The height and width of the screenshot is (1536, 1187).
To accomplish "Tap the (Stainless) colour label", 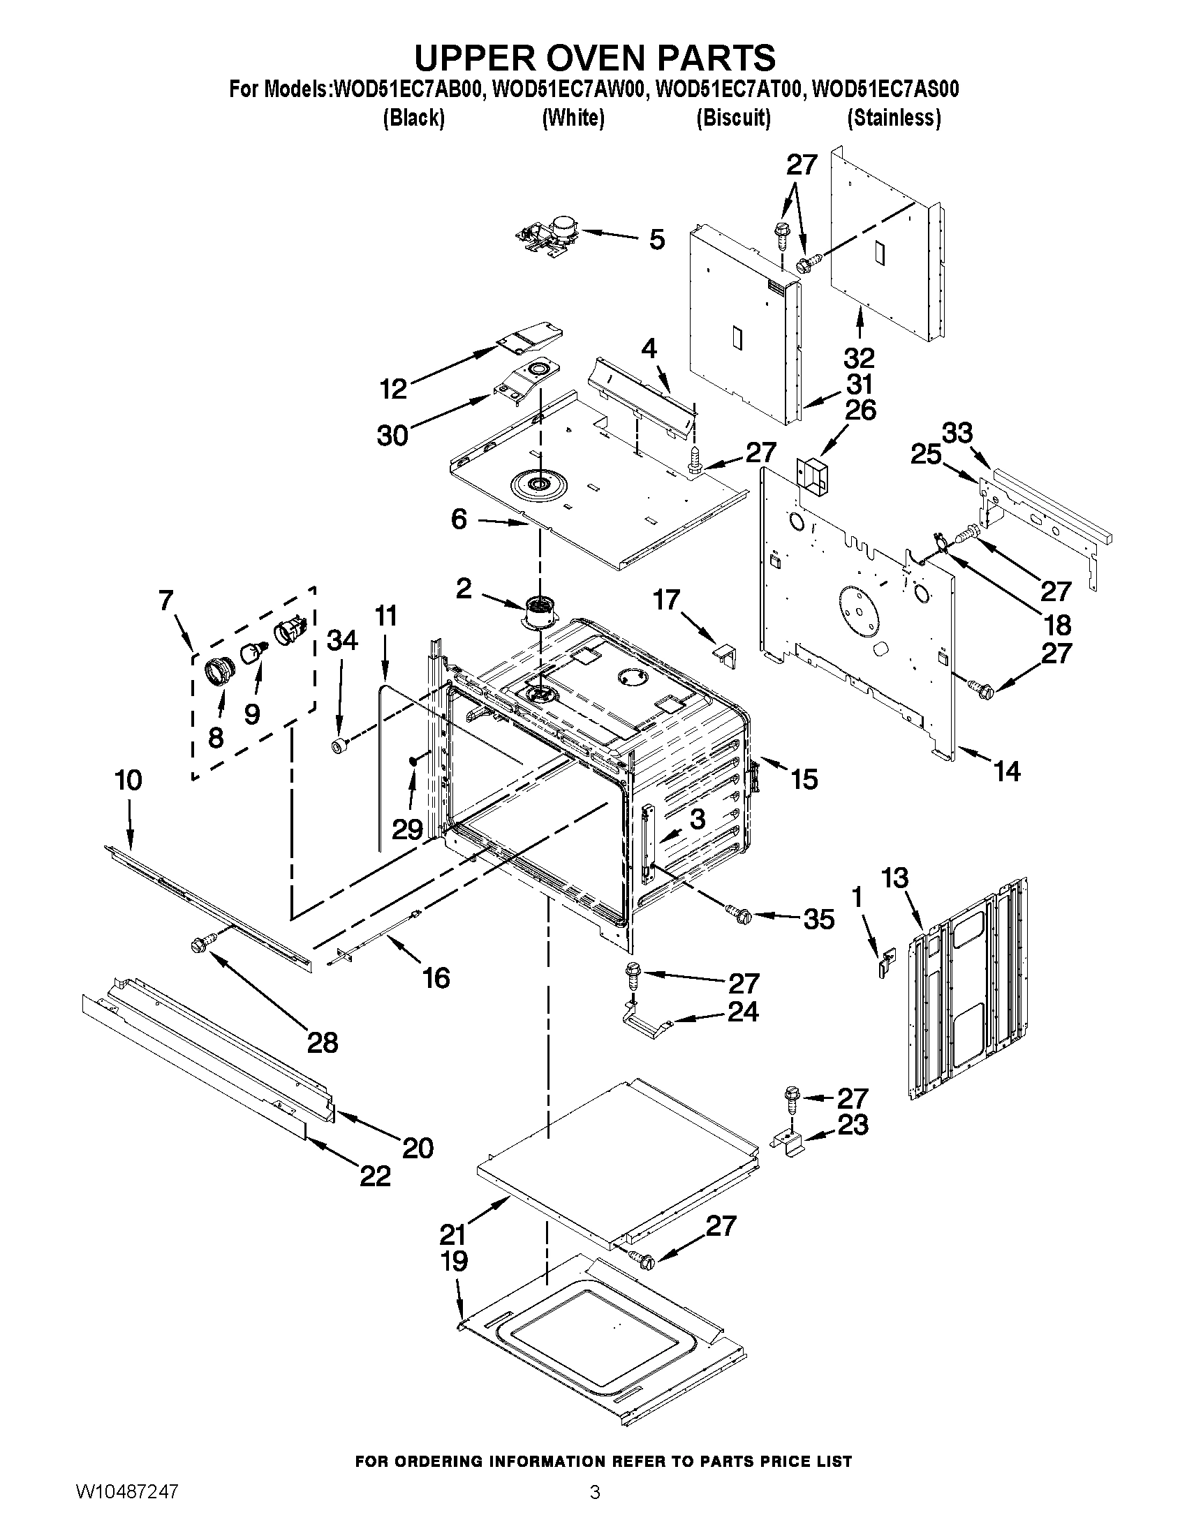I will tap(894, 117).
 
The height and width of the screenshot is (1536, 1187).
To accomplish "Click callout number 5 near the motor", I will tap(656, 239).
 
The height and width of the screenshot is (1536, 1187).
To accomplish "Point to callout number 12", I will tap(393, 388).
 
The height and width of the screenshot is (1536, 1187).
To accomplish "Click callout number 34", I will tap(341, 640).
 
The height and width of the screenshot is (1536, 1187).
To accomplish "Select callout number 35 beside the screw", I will tap(818, 920).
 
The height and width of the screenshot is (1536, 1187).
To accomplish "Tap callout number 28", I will tap(323, 1042).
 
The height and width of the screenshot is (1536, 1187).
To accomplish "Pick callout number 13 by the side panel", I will tap(894, 878).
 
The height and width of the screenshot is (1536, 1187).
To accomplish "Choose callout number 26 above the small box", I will tap(860, 410).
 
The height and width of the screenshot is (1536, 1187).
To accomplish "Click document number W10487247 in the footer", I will tap(127, 1508).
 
